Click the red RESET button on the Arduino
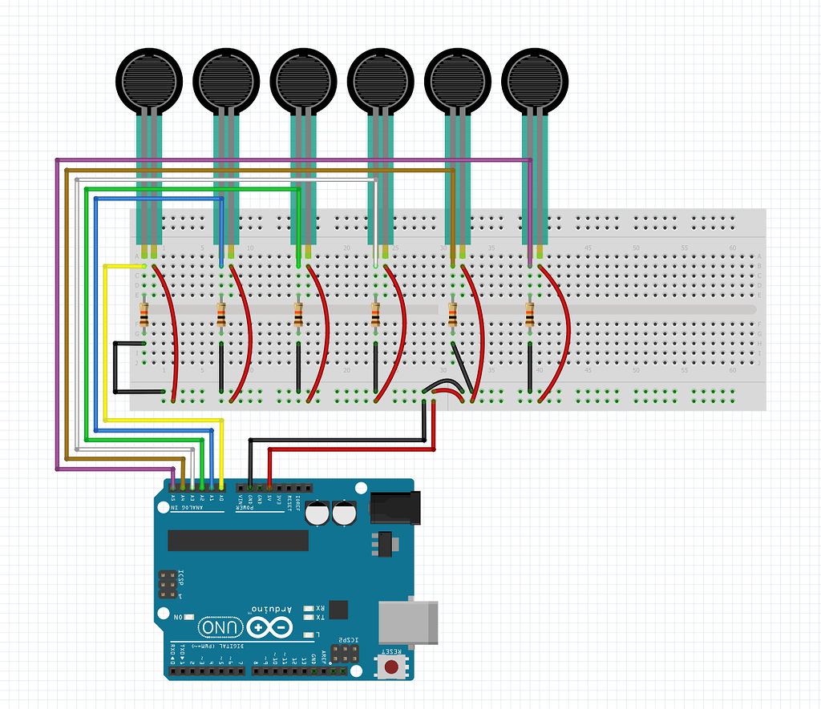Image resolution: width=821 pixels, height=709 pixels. pyautogui.click(x=392, y=667)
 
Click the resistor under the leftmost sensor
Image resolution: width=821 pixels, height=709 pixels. pyautogui.click(x=144, y=316)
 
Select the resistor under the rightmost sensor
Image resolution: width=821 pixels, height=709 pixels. pyautogui.click(x=529, y=316)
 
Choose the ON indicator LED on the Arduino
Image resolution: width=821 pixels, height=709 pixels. pyautogui.click(x=190, y=616)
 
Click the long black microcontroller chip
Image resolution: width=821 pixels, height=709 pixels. pyautogui.click(x=238, y=540)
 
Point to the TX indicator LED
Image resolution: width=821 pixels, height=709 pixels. pyautogui.click(x=309, y=617)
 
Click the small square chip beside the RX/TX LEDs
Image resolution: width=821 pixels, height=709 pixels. pyautogui.click(x=339, y=610)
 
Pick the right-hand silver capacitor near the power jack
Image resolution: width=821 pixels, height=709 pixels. pyautogui.click(x=345, y=514)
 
